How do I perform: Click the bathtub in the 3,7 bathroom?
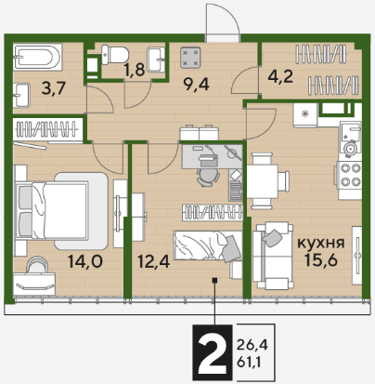point(37,57)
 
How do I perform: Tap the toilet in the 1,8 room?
point(115,55)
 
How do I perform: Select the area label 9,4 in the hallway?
point(196,85)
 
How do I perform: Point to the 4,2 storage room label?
point(280,76)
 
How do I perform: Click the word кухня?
point(321,244)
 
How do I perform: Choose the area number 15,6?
point(321,259)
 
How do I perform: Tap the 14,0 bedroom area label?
point(85,262)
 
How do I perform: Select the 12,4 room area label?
point(153,262)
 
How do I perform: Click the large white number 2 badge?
point(213,352)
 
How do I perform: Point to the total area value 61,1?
point(249,362)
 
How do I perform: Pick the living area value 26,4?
point(252,344)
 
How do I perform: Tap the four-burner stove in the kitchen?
point(351,175)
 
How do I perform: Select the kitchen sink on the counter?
point(350,138)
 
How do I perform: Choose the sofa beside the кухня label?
point(272,256)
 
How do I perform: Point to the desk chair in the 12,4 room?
point(207,177)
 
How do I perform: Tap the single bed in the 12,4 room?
point(208,245)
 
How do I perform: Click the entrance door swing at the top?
point(223,22)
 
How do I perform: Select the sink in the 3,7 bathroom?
point(21,95)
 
